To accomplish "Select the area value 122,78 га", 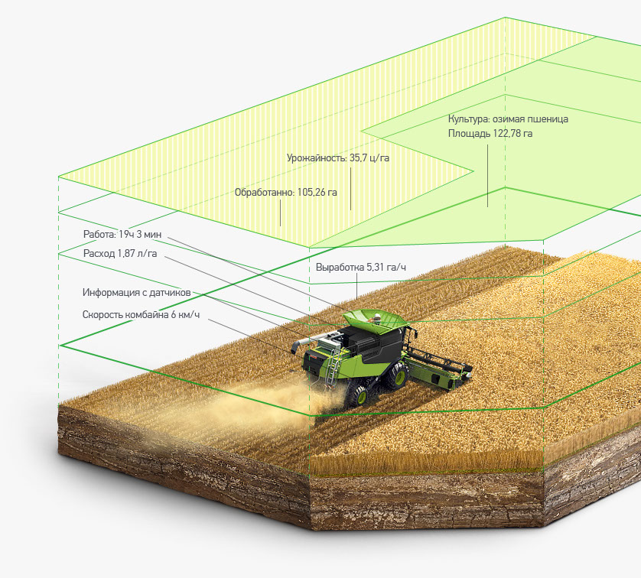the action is [x=512, y=134].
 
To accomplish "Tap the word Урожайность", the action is [x=317, y=158].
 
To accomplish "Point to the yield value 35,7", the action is [x=358, y=158].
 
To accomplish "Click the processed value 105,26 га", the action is [x=317, y=193].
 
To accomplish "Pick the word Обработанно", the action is [x=264, y=193].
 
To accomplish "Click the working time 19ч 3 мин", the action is [x=140, y=235].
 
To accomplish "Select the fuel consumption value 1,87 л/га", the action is [x=137, y=253].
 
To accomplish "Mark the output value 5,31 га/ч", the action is [x=386, y=268].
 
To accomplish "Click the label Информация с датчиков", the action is [x=137, y=293].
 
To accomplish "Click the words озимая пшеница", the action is [x=530, y=119].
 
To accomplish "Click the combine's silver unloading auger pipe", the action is [x=307, y=343].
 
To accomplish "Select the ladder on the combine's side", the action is [x=332, y=365].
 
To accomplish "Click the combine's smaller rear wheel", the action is [x=358, y=394].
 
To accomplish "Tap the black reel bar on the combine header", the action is [x=440, y=359].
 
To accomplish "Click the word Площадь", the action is [x=468, y=134].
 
